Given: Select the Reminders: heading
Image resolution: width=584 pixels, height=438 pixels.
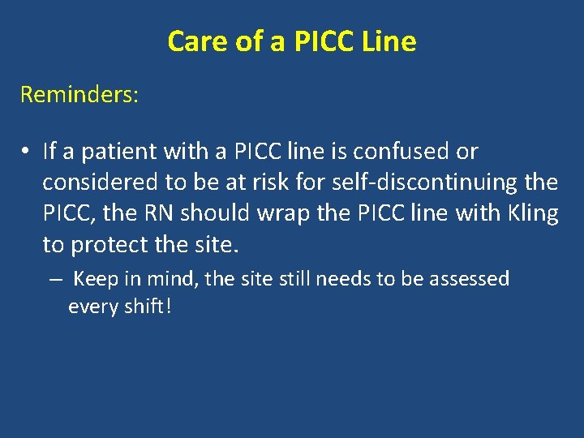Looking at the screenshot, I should (79, 95).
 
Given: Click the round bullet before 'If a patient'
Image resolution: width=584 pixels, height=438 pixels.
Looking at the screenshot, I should (27, 152).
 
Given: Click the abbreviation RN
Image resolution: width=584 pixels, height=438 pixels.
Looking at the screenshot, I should (162, 213).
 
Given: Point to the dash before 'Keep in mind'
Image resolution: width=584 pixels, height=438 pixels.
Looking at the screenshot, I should (54, 280).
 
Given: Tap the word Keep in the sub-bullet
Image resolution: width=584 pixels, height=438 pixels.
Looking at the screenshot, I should (96, 280).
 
